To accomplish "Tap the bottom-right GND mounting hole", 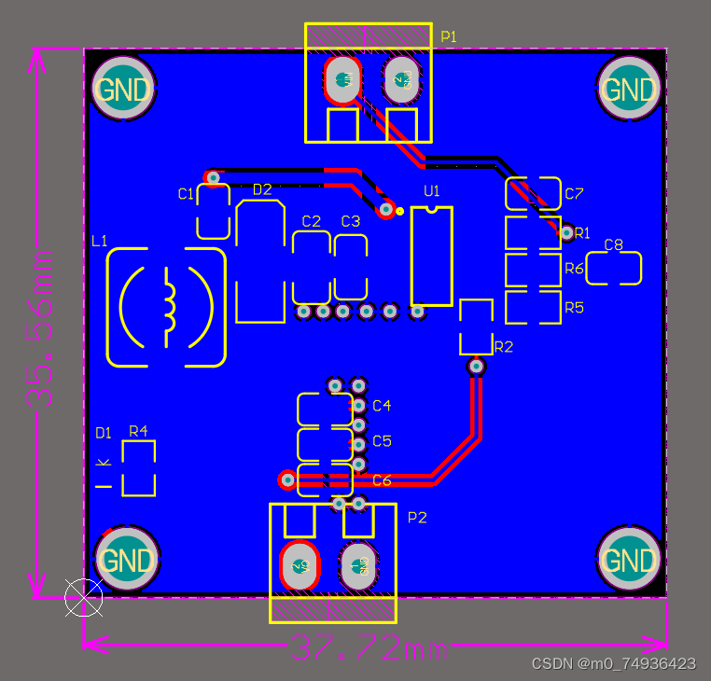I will point(628,561).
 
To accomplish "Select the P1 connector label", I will point(449,36).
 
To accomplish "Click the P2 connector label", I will point(417,517).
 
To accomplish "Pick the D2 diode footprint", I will point(260,261).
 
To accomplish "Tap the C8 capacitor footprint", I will point(613,269).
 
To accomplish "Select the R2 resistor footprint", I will point(476,327).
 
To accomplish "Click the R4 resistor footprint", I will point(139,468).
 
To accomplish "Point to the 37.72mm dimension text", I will point(369,646).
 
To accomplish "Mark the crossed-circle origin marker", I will point(83,597).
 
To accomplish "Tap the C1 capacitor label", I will point(186,193).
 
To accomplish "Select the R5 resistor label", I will point(574,307).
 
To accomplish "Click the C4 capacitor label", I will point(382,406).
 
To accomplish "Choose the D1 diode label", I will point(104,433).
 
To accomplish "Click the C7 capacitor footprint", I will point(533,194).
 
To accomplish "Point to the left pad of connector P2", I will point(300,565).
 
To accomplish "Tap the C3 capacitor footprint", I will point(350,268).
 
